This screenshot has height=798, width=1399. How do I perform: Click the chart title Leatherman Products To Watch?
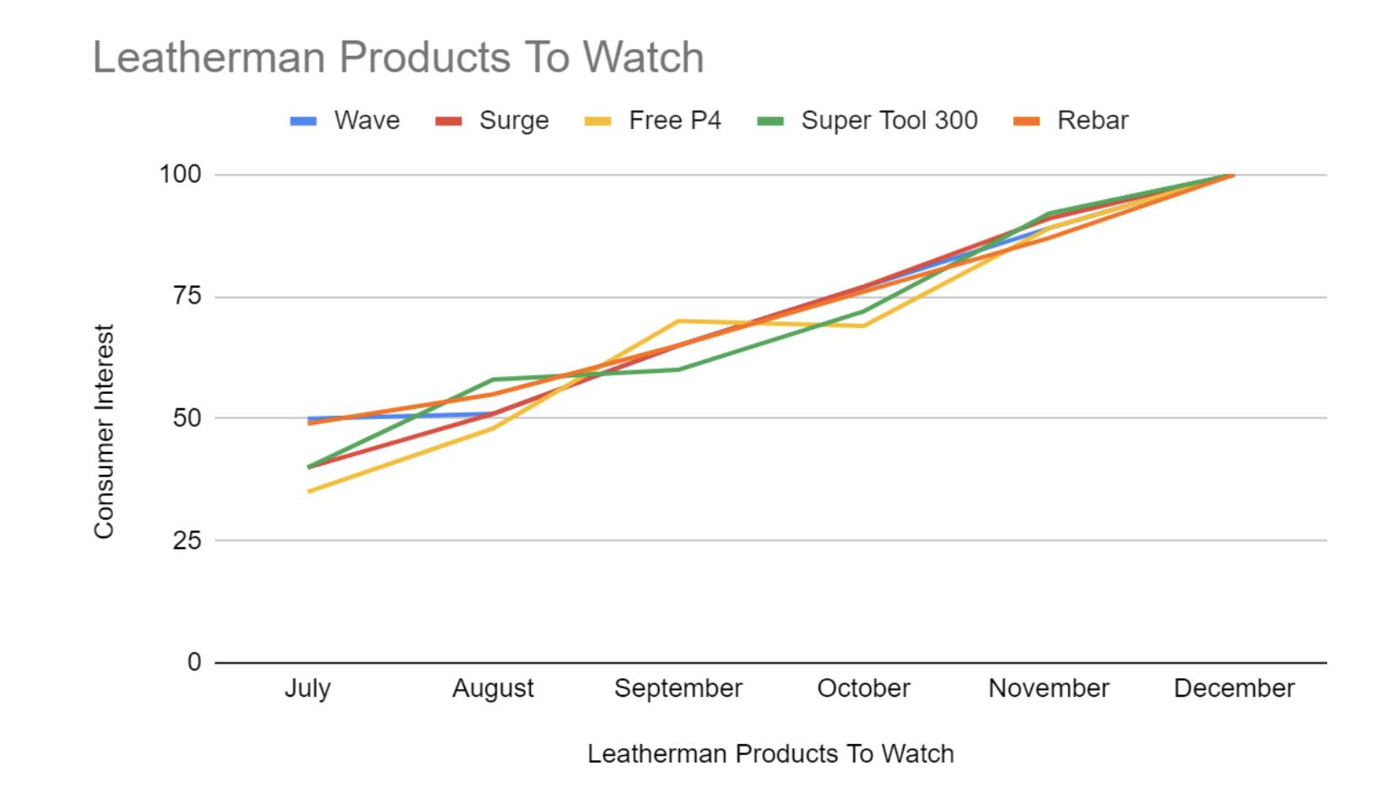point(397,57)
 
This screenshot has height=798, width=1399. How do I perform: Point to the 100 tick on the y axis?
point(181,175)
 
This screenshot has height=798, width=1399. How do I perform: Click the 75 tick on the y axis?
point(187,296)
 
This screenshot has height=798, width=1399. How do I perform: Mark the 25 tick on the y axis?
point(187,540)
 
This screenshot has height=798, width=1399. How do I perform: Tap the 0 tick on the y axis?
point(194,662)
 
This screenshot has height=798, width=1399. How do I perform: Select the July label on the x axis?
point(307,688)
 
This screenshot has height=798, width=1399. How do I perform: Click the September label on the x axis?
point(678,688)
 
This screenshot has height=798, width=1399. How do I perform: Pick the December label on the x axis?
point(1234,688)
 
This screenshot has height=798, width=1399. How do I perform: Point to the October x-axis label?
point(863,688)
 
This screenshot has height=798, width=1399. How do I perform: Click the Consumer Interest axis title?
point(104,431)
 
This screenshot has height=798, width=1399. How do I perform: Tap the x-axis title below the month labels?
point(770,753)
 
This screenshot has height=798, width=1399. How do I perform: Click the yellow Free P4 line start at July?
point(309,491)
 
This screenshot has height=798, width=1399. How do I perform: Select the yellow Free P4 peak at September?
point(678,321)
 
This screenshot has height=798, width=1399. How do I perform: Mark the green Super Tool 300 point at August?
point(493,380)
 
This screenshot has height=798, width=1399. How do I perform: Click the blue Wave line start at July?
point(310,418)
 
